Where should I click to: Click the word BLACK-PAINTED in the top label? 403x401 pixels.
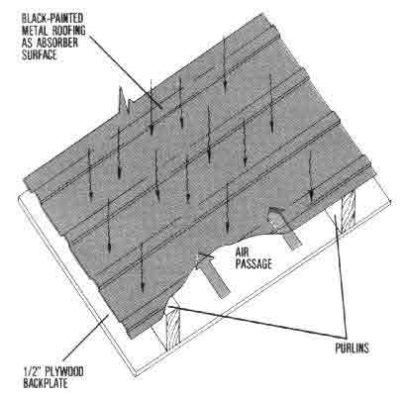(x=52, y=19)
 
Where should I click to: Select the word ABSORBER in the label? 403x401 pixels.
(x=59, y=43)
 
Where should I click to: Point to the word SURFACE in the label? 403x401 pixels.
(x=40, y=54)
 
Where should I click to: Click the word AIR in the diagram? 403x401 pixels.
(x=243, y=252)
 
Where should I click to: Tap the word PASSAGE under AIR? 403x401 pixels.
(x=253, y=264)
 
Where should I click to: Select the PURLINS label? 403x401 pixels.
(x=352, y=349)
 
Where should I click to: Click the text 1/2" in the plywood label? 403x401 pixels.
(x=31, y=372)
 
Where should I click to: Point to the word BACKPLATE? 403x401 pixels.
(x=46, y=384)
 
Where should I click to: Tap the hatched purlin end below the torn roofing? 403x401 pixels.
(x=172, y=330)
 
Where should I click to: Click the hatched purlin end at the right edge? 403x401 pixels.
(x=349, y=211)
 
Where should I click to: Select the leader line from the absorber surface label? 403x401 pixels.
(x=126, y=71)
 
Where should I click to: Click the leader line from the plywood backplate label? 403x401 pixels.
(x=86, y=338)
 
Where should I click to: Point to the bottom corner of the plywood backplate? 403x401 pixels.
(x=137, y=376)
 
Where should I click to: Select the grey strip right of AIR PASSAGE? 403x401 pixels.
(x=284, y=228)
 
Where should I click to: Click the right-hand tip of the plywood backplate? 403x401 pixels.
(x=391, y=202)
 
